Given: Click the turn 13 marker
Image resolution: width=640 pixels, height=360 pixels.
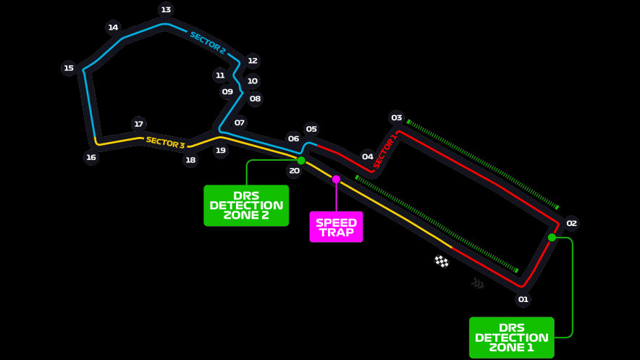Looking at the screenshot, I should click(166, 9).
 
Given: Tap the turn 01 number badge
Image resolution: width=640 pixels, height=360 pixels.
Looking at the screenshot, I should click(523, 299).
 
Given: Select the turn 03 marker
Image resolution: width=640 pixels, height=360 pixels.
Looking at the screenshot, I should click(396, 117).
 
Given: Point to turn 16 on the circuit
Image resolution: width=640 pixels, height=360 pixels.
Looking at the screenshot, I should click(91, 157).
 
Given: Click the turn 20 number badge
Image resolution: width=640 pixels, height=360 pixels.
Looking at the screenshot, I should click(294, 171).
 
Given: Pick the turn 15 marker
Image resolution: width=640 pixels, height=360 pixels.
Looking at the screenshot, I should click(69, 68).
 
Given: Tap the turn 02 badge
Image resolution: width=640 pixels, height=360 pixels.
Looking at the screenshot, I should click(571, 223).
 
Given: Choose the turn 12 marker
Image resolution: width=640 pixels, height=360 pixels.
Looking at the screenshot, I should click(252, 61).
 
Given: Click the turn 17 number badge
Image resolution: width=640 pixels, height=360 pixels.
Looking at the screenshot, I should click(139, 124).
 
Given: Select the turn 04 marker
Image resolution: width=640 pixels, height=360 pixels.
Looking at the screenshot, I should click(368, 156).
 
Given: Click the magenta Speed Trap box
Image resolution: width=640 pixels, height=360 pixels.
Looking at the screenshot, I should click(336, 227).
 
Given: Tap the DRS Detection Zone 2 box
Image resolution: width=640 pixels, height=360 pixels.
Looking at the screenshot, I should click(246, 205).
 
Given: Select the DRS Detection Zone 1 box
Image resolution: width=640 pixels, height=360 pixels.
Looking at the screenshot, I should click(511, 338).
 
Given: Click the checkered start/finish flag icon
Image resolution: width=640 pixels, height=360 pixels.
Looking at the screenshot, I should click(442, 261).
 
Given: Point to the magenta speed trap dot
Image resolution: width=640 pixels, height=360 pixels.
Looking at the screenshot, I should click(336, 179).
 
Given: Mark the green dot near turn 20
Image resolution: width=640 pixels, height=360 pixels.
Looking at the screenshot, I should click(301, 160).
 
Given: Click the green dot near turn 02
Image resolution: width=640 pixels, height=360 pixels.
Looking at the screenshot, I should click(552, 237).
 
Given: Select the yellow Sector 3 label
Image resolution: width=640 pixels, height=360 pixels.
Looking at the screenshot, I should click(165, 143).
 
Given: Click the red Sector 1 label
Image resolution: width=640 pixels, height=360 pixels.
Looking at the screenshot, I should click(385, 151).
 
